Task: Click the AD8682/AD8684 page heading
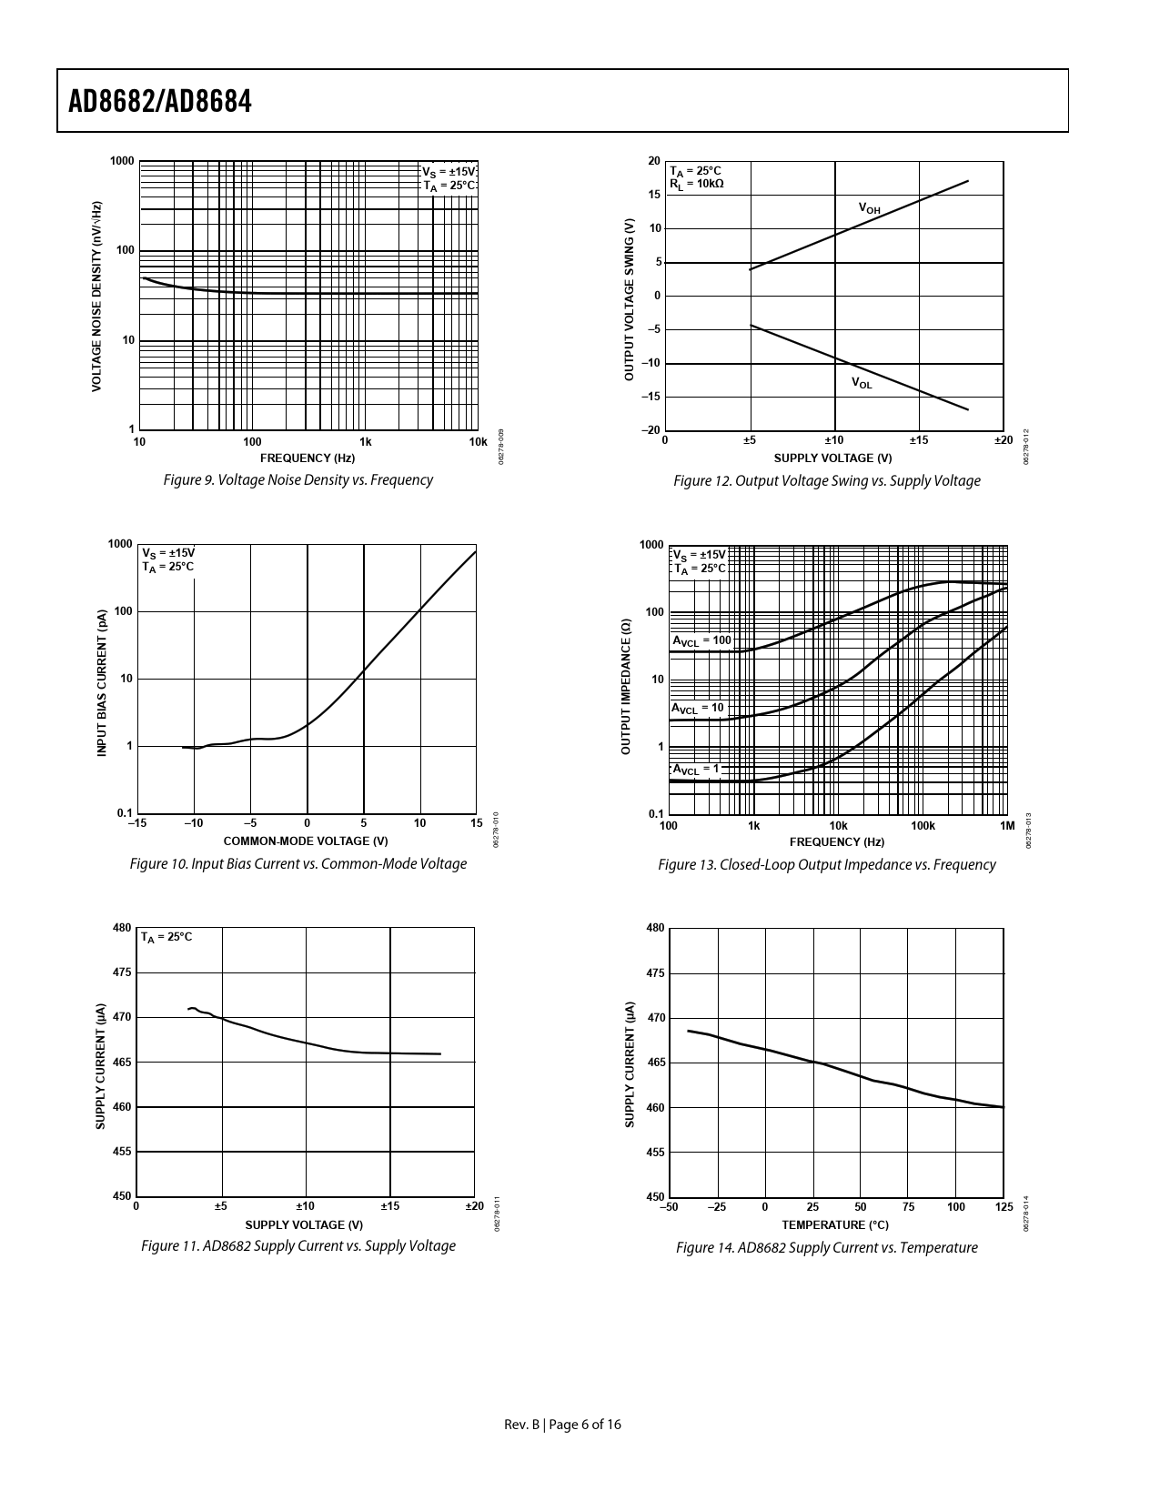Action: tap(160, 102)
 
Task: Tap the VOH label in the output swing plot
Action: tap(870, 208)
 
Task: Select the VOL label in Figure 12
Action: tap(861, 383)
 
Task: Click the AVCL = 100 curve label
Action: tap(701, 640)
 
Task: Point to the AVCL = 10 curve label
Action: tap(698, 708)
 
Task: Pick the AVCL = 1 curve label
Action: tap(695, 769)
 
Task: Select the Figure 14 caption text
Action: tap(826, 1247)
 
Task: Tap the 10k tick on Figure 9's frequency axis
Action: tap(478, 442)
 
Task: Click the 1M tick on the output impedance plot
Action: tap(1006, 826)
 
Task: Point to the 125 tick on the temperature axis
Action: tap(1004, 1207)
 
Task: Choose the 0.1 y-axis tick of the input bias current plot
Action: tap(125, 813)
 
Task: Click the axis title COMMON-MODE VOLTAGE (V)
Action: tap(306, 841)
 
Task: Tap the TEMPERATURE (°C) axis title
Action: tap(835, 1224)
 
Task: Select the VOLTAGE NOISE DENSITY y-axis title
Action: tap(97, 297)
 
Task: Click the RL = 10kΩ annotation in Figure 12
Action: tap(697, 184)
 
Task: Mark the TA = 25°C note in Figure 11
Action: tap(166, 936)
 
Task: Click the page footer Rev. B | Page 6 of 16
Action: tap(563, 1425)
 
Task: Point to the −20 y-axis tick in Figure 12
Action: tap(651, 430)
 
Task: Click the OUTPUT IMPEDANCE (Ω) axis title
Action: tap(626, 687)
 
